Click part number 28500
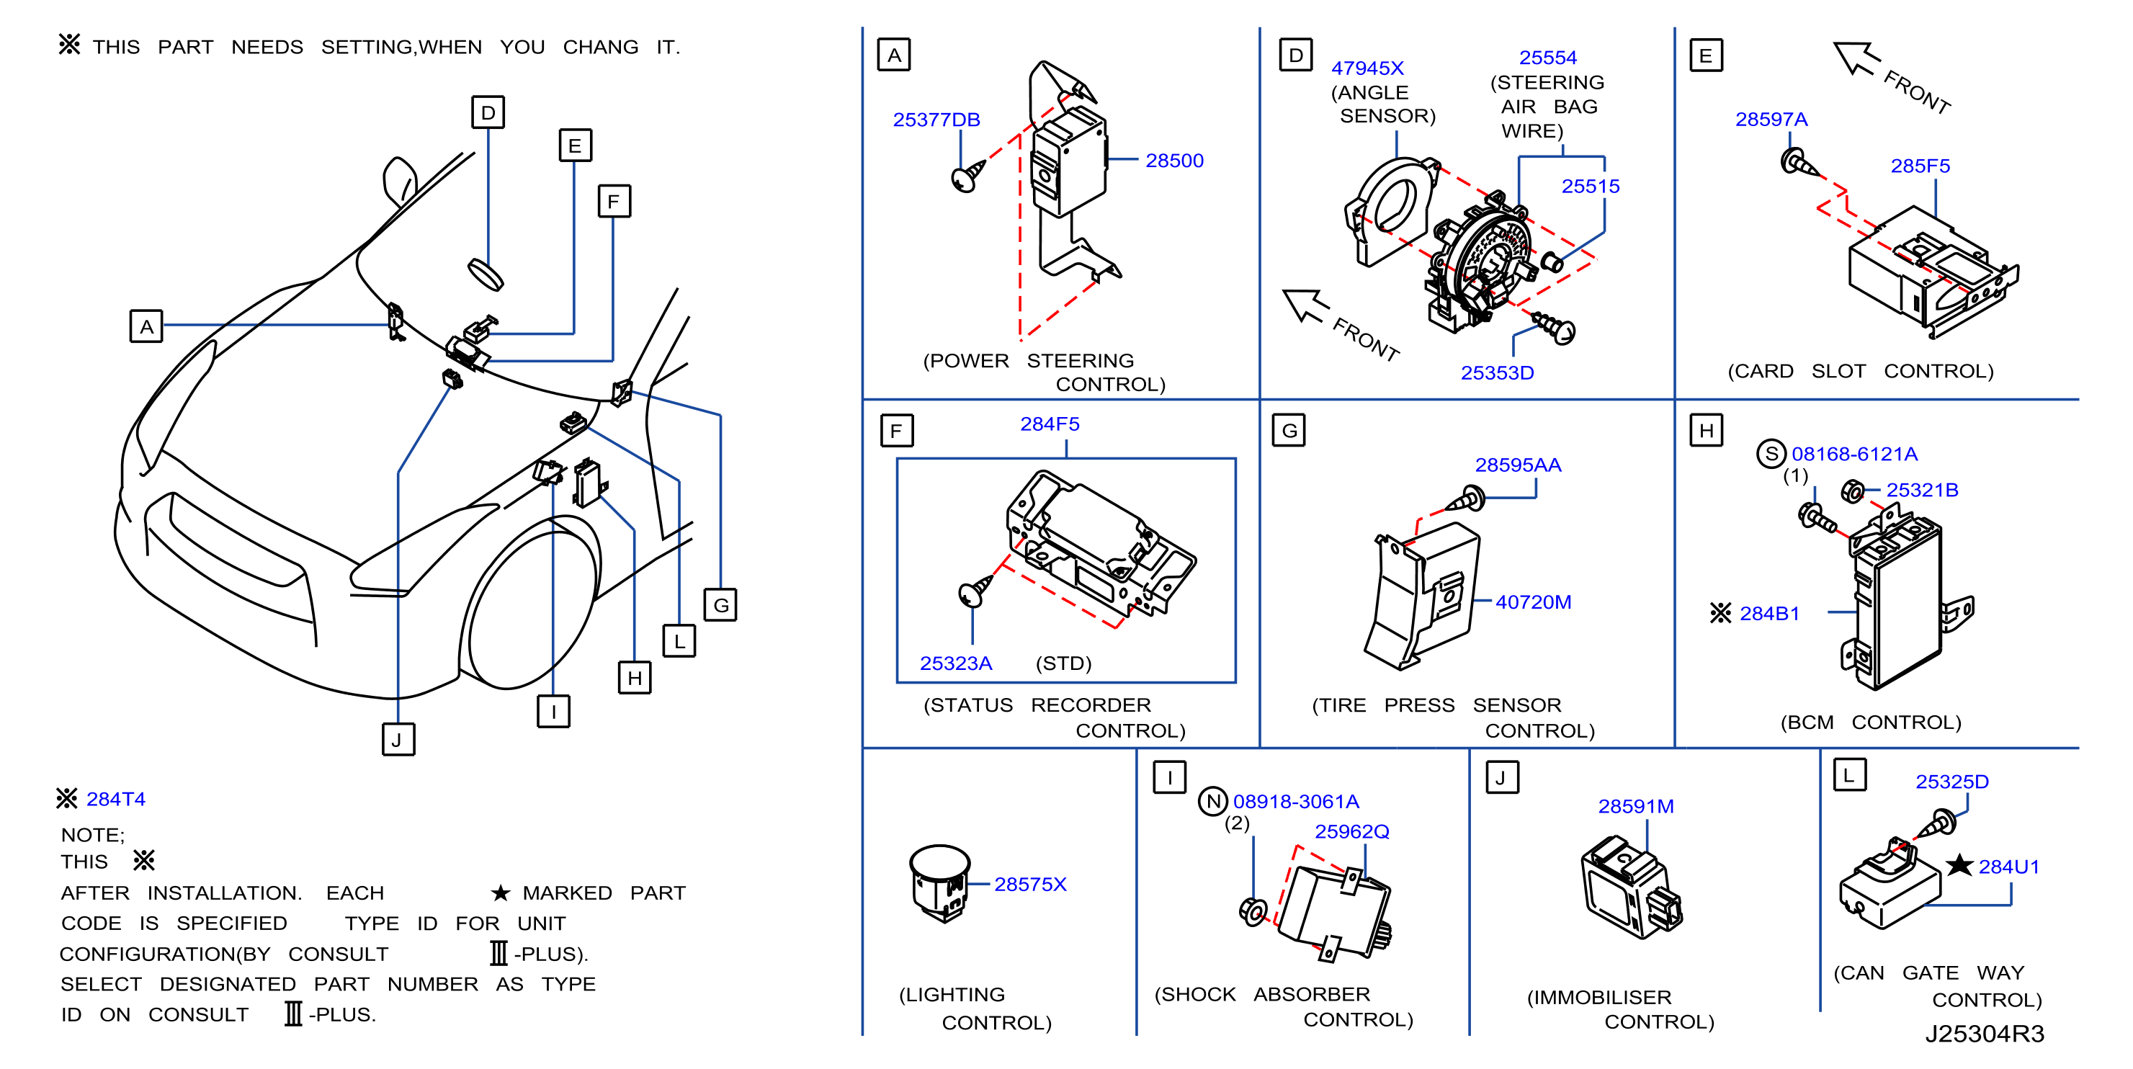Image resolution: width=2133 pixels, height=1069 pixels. click(1173, 161)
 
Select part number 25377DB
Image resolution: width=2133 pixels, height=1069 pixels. click(936, 120)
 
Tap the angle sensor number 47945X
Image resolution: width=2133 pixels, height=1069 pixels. click(1367, 68)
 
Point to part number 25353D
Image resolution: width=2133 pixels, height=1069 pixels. click(1496, 372)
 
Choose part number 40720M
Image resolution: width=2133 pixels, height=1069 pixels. click(1533, 602)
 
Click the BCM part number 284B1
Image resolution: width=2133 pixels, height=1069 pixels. click(1768, 614)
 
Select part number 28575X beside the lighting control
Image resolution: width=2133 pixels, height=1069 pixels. click(1029, 885)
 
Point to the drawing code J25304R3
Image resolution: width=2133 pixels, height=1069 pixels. click(1984, 1034)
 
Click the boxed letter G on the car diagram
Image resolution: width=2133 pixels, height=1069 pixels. click(720, 605)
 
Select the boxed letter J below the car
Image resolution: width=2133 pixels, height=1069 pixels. click(398, 740)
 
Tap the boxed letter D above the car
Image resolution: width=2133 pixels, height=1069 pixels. click(488, 112)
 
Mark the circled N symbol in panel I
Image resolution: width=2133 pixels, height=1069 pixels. click(1213, 801)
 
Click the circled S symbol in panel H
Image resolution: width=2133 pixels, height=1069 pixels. click(1771, 454)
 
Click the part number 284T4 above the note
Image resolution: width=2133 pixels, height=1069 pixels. click(115, 799)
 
